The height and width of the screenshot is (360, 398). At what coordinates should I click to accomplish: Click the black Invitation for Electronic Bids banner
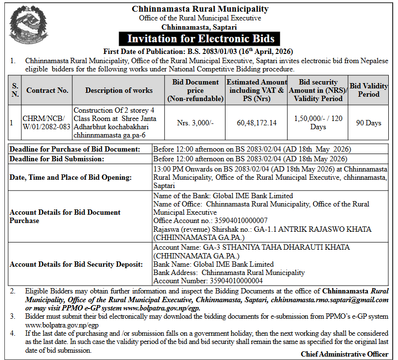click(x=201, y=39)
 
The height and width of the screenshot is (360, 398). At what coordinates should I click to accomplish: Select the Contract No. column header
click(x=47, y=90)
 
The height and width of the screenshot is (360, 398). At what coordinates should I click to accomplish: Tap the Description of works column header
click(x=119, y=90)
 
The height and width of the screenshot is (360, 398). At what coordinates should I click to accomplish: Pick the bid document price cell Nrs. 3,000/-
click(x=195, y=123)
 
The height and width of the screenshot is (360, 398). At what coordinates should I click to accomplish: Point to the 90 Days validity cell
click(x=369, y=123)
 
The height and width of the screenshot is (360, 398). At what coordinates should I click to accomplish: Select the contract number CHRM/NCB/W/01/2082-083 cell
click(x=47, y=123)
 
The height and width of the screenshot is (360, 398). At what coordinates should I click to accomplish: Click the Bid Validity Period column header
click(x=369, y=90)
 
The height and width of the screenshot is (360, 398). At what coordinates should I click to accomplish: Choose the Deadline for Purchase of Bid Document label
click(x=75, y=149)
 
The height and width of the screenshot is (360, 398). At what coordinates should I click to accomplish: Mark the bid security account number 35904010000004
click(x=236, y=280)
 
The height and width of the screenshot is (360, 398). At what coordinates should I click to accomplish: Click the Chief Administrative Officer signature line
click(x=345, y=354)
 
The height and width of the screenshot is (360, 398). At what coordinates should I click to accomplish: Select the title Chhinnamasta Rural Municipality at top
click(x=200, y=9)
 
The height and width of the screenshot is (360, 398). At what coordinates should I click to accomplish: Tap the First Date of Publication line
click(x=198, y=51)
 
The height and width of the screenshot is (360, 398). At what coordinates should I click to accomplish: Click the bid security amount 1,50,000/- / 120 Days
click(x=318, y=123)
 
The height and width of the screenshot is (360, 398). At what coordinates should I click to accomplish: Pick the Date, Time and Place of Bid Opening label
click(x=70, y=177)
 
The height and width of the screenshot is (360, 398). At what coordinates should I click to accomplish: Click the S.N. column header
click(x=15, y=90)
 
